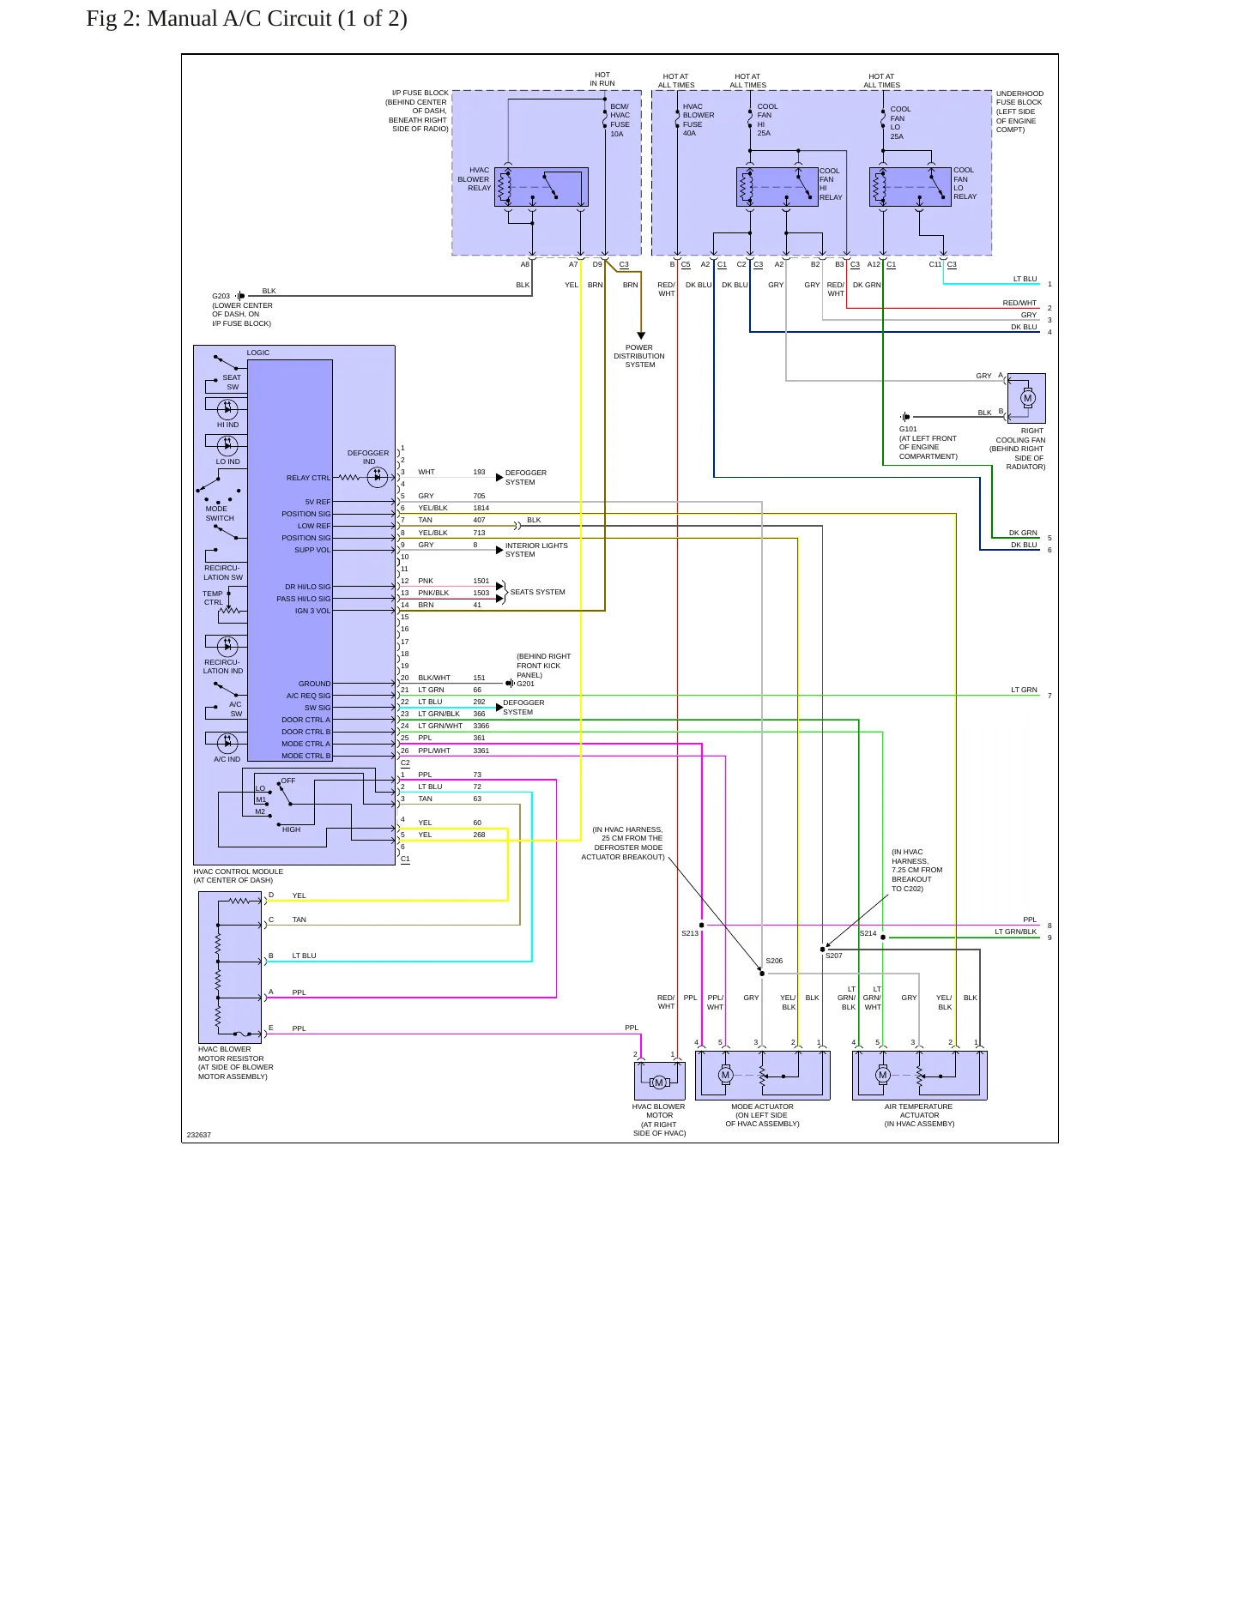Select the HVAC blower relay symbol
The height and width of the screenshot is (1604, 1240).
(x=541, y=187)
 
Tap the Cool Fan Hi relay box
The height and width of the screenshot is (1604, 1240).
(x=777, y=187)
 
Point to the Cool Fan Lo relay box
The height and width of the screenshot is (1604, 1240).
(x=910, y=187)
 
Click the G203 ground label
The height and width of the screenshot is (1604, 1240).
(x=221, y=296)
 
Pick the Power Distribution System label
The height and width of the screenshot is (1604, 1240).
(x=639, y=356)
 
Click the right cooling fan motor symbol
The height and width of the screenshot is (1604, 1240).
(x=1027, y=398)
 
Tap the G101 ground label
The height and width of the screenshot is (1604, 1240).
(x=908, y=429)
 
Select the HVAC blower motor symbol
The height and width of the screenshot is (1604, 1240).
(x=659, y=1082)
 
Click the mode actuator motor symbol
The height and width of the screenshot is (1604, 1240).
(x=725, y=1075)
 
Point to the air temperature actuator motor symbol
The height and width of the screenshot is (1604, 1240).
(x=882, y=1075)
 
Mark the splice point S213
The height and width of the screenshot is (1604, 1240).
(x=702, y=926)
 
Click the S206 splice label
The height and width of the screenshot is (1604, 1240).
(x=774, y=962)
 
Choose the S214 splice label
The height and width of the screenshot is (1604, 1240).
(x=868, y=933)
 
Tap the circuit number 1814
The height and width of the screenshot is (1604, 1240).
(x=481, y=508)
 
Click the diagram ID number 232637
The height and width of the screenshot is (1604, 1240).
(x=199, y=1135)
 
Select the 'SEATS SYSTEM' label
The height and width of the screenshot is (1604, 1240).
(x=538, y=592)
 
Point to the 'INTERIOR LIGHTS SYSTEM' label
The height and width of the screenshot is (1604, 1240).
(x=536, y=550)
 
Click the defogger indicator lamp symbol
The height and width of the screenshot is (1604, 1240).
(x=378, y=478)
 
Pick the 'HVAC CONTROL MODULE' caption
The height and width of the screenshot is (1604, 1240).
(x=239, y=871)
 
